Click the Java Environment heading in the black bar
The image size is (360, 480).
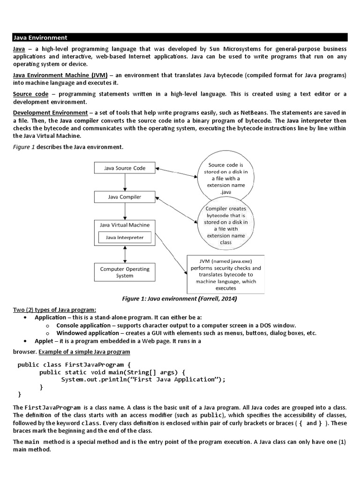point(40,37)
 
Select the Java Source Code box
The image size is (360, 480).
point(124,168)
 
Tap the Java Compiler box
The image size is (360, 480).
point(124,197)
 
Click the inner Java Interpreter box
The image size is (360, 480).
point(124,238)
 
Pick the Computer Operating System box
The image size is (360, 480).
point(124,272)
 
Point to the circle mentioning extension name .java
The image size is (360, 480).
point(225,178)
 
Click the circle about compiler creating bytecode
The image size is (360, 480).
point(225,225)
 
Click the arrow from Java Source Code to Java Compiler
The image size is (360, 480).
point(125,182)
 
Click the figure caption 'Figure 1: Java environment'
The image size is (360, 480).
point(179,299)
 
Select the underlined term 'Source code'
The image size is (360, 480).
point(30,94)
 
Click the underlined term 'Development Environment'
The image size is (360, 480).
point(50,113)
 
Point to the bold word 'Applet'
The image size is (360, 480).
point(44,341)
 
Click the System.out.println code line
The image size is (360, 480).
point(143,380)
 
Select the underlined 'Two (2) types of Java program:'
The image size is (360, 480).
point(54,310)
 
